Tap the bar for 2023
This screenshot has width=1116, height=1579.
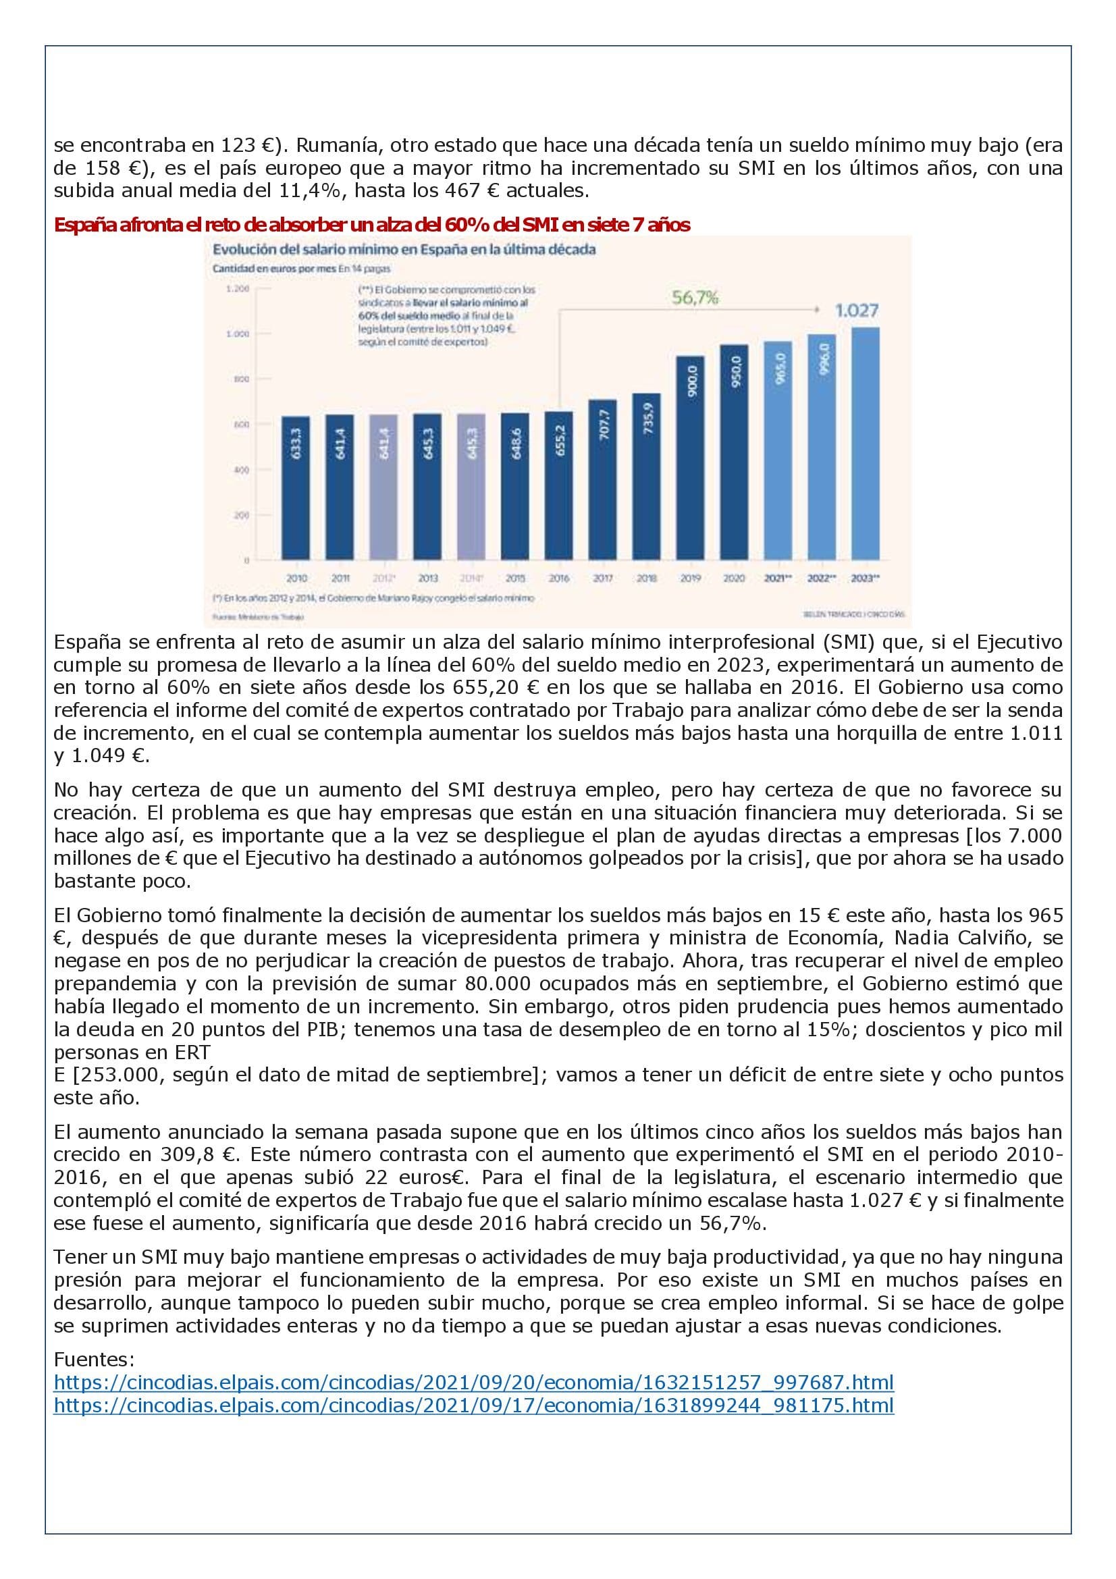865,444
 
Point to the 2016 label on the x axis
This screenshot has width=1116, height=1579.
559,579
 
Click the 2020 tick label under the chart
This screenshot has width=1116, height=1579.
734,579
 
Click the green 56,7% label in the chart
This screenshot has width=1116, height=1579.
695,298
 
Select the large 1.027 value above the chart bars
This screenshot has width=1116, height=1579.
856,311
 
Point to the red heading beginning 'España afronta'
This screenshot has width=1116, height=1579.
371,225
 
